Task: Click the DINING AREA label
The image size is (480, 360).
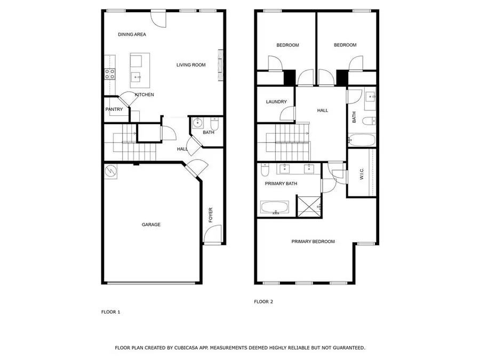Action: pyautogui.click(x=132, y=35)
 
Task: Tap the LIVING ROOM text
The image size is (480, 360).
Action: pyautogui.click(x=191, y=65)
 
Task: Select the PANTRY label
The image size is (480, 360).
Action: pyautogui.click(x=114, y=110)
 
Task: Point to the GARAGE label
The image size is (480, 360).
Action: pyautogui.click(x=151, y=225)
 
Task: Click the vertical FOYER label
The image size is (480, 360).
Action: pyautogui.click(x=210, y=215)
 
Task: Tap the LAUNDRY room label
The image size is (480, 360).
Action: pyautogui.click(x=276, y=102)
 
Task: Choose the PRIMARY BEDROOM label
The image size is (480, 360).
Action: pyautogui.click(x=313, y=242)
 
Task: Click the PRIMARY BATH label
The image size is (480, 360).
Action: pyautogui.click(x=281, y=184)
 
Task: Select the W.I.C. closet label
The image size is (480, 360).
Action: pyautogui.click(x=361, y=174)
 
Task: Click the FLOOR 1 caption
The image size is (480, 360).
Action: pyautogui.click(x=111, y=312)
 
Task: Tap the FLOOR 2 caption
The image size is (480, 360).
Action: pyautogui.click(x=263, y=302)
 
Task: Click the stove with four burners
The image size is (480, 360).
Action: pyautogui.click(x=110, y=74)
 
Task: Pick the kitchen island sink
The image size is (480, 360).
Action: pyautogui.click(x=137, y=77)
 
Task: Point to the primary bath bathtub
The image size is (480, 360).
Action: pyautogui.click(x=275, y=207)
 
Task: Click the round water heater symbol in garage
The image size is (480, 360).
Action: pyautogui.click(x=111, y=171)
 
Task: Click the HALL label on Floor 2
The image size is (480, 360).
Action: pyautogui.click(x=323, y=110)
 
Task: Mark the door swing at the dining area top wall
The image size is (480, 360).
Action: pyautogui.click(x=158, y=18)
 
